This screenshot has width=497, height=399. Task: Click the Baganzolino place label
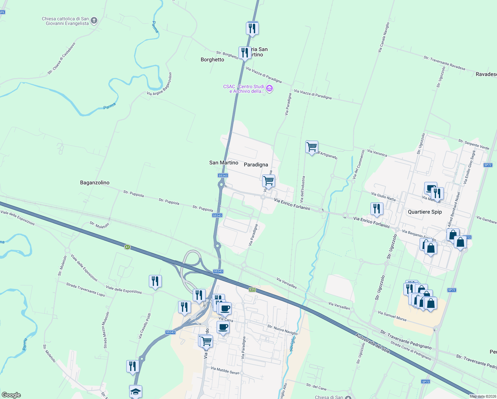[x=95, y=183]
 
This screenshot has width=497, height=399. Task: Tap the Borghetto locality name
[x=212, y=60]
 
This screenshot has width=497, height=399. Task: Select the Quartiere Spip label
[x=425, y=212]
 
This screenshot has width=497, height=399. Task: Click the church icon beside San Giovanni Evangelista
[x=94, y=21]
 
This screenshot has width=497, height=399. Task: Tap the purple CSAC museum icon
[x=270, y=89]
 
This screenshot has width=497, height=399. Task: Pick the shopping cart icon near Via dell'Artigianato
[x=312, y=147]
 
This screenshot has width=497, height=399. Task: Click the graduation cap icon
[x=136, y=391]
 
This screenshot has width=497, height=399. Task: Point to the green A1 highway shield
[x=127, y=247]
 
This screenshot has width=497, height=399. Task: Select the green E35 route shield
[x=252, y=290]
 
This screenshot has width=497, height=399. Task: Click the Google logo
[x=11, y=395]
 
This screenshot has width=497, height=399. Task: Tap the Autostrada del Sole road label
[x=372, y=343]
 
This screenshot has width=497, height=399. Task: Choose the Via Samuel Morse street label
[x=392, y=316]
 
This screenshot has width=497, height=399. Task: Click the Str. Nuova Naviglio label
[x=282, y=330]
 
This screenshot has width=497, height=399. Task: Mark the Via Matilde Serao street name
[x=225, y=370]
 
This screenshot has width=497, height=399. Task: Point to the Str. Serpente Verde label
[x=473, y=144]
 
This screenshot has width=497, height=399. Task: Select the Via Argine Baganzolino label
[x=159, y=84]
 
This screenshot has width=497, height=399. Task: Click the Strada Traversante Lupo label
[x=85, y=289]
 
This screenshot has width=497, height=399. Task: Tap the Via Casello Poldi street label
[x=145, y=326]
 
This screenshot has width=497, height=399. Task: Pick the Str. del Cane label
[x=316, y=386]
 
